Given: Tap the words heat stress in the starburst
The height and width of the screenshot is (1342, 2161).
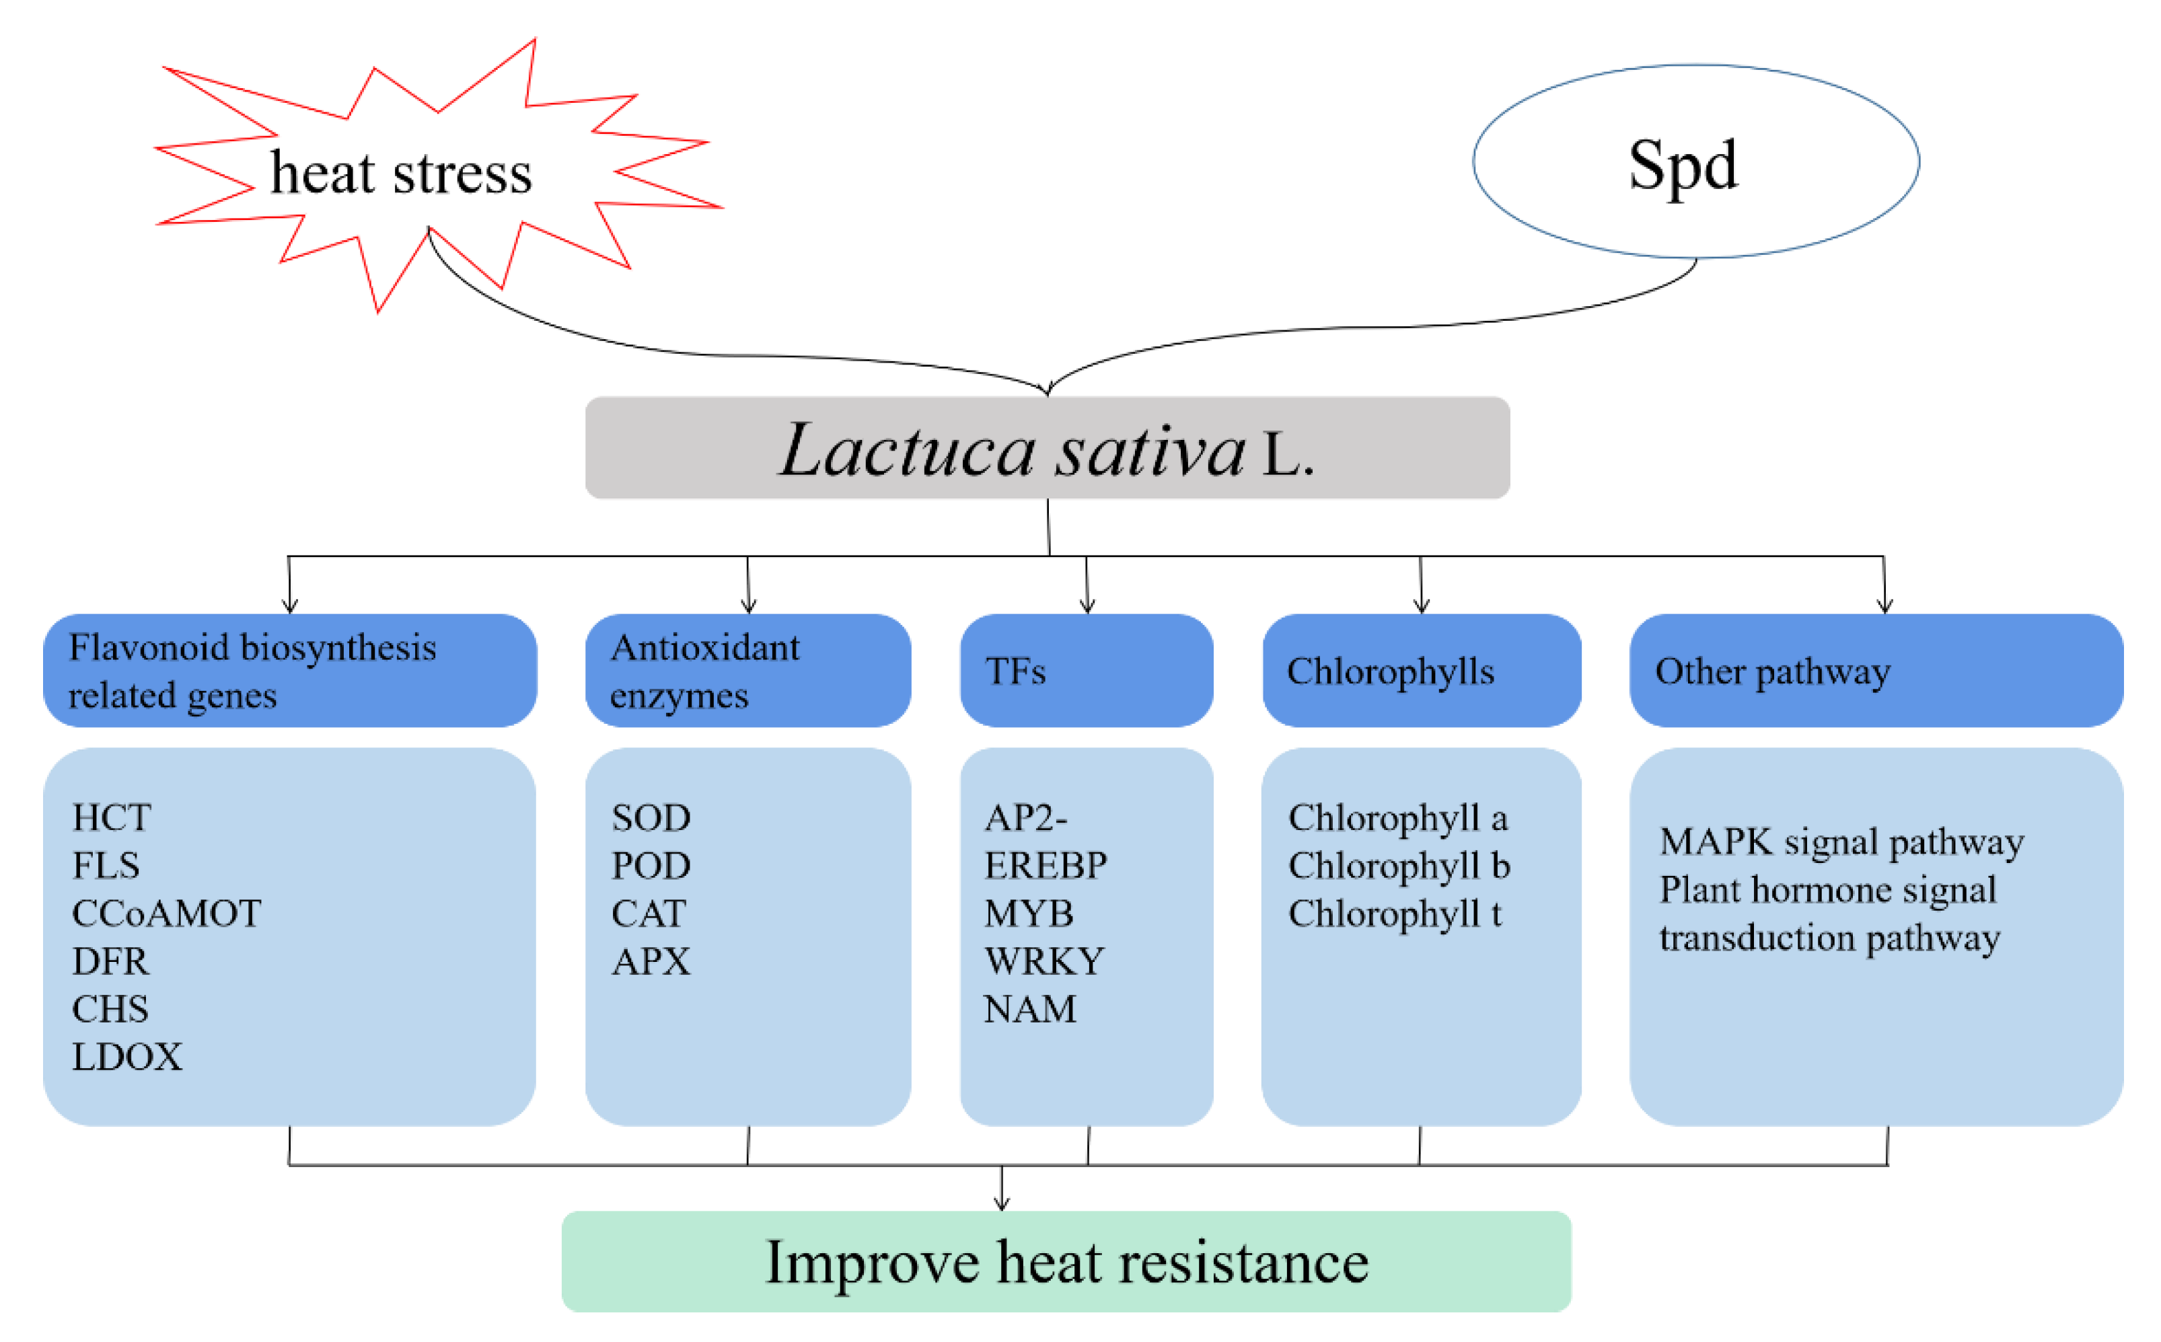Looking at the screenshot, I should tap(401, 172).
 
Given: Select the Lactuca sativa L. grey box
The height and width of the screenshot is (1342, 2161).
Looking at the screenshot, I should tap(1048, 448).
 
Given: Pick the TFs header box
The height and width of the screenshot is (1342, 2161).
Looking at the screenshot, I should tap(1087, 671).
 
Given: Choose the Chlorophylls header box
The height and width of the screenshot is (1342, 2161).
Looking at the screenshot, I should tap(1421, 671).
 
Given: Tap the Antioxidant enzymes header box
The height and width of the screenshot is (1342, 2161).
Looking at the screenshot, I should tap(747, 671).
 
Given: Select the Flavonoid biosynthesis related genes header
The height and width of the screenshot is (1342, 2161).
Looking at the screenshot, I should tap(289, 671).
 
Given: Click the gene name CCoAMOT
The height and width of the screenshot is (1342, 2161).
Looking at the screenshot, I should tap(166, 914).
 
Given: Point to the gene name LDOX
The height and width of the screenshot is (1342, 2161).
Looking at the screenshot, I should tap(127, 1057).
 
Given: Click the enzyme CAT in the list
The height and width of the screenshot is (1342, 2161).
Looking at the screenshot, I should tap(648, 914).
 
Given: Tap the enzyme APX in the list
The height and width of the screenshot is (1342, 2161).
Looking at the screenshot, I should tap(651, 961).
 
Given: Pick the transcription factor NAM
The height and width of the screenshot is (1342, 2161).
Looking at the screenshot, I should tap(1029, 1009).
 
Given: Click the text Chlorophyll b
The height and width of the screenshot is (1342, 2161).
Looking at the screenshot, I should tap(1399, 865).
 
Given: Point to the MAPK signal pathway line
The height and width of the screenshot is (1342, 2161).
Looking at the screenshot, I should tap(1841, 842).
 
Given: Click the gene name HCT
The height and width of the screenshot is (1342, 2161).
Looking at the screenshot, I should tap(112, 817).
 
